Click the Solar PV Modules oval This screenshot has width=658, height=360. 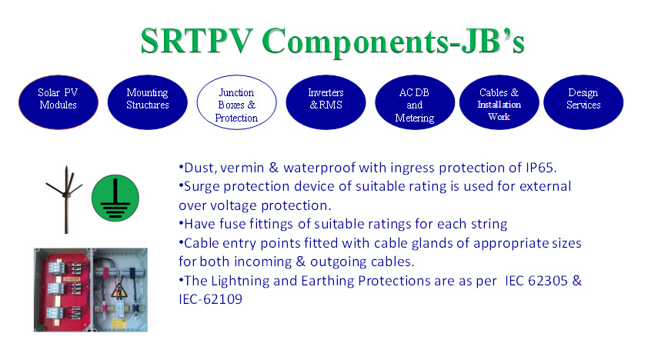[x=58, y=102]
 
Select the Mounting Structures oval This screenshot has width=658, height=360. [x=147, y=102]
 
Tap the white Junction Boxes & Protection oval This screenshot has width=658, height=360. [x=237, y=102]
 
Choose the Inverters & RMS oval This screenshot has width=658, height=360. [x=326, y=102]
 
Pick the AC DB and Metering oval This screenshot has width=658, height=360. [x=415, y=102]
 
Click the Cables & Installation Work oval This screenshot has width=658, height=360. [x=499, y=102]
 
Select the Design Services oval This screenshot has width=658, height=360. [x=583, y=102]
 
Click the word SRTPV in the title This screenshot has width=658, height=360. [x=197, y=41]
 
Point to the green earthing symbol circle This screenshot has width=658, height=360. [x=115, y=198]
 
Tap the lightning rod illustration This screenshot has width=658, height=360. [x=66, y=199]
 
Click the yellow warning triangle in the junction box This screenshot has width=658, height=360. [x=119, y=291]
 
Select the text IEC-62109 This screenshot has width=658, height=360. [x=211, y=299]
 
